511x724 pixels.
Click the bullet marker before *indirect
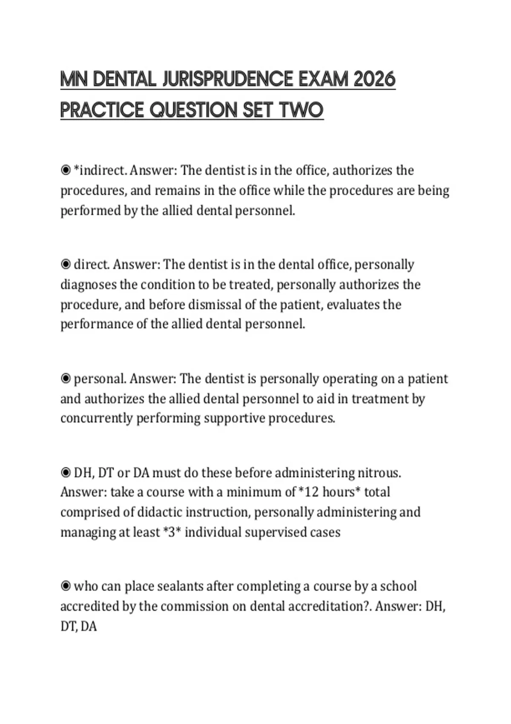(x=66, y=171)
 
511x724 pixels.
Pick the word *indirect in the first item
(x=100, y=171)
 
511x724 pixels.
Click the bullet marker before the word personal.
(x=66, y=379)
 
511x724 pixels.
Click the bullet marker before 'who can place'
(x=66, y=586)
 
